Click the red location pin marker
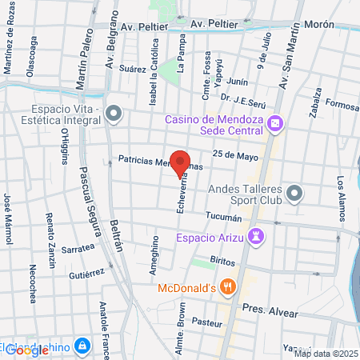point(181,162)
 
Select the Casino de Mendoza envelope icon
point(275,122)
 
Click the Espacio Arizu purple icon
point(256,236)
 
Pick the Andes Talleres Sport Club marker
point(295,192)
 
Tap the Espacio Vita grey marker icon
point(113,114)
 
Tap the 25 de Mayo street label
point(234,154)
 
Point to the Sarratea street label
point(78,249)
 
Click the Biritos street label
point(222,262)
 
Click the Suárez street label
point(134,69)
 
